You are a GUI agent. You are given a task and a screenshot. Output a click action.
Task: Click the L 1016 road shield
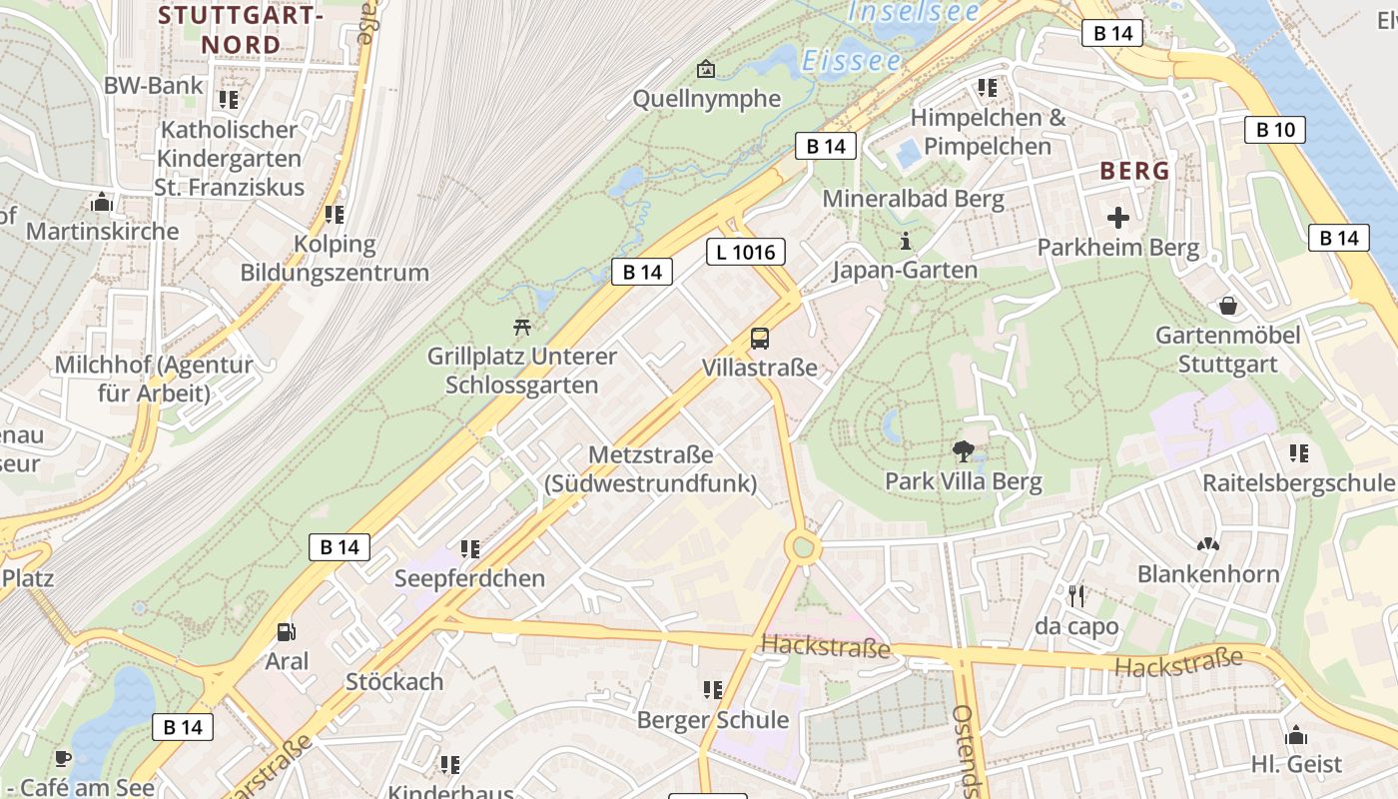click(746, 252)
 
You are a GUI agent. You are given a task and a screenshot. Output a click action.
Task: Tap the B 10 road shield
click(1275, 129)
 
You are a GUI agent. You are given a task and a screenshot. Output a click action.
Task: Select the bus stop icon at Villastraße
click(760, 339)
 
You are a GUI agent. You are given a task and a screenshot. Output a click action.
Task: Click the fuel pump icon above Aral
click(287, 632)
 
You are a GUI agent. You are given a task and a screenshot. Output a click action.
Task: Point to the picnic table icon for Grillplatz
click(521, 326)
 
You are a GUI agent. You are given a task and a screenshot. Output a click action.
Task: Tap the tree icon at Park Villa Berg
click(963, 451)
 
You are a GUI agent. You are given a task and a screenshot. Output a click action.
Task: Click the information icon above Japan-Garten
click(906, 241)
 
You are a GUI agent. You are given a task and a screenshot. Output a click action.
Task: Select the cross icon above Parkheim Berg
click(1118, 217)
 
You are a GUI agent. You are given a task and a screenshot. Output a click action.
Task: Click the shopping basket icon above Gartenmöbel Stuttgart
click(1227, 305)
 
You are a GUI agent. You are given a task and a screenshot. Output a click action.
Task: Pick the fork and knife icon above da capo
click(1076, 596)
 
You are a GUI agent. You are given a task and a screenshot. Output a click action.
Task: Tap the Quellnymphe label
click(707, 99)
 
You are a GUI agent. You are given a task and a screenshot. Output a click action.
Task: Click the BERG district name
click(1134, 171)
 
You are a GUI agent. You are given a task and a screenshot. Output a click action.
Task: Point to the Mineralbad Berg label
click(913, 198)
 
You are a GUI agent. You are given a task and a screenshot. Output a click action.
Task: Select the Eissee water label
click(851, 61)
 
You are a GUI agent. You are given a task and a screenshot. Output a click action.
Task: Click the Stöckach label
click(393, 682)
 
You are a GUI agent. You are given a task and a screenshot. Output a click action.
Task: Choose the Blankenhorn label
click(1208, 574)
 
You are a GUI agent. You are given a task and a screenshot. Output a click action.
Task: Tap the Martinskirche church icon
click(101, 203)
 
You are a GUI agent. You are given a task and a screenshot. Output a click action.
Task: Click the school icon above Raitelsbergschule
click(1298, 453)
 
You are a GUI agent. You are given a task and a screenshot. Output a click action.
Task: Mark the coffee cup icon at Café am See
click(62, 758)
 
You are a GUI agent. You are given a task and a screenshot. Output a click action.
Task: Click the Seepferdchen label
click(469, 578)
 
